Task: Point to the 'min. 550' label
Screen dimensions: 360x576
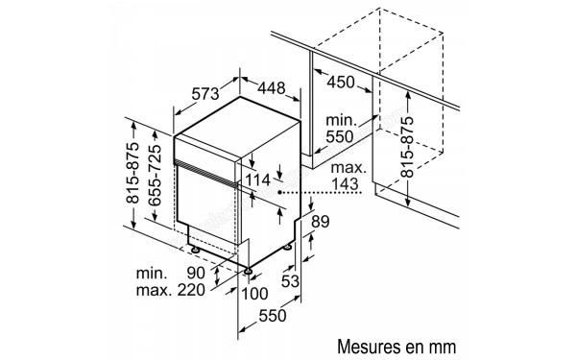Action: (x=340, y=129)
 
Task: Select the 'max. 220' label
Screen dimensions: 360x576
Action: (x=174, y=290)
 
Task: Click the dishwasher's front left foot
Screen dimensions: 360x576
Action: (x=196, y=249)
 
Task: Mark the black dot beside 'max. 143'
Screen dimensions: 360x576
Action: (x=280, y=192)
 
